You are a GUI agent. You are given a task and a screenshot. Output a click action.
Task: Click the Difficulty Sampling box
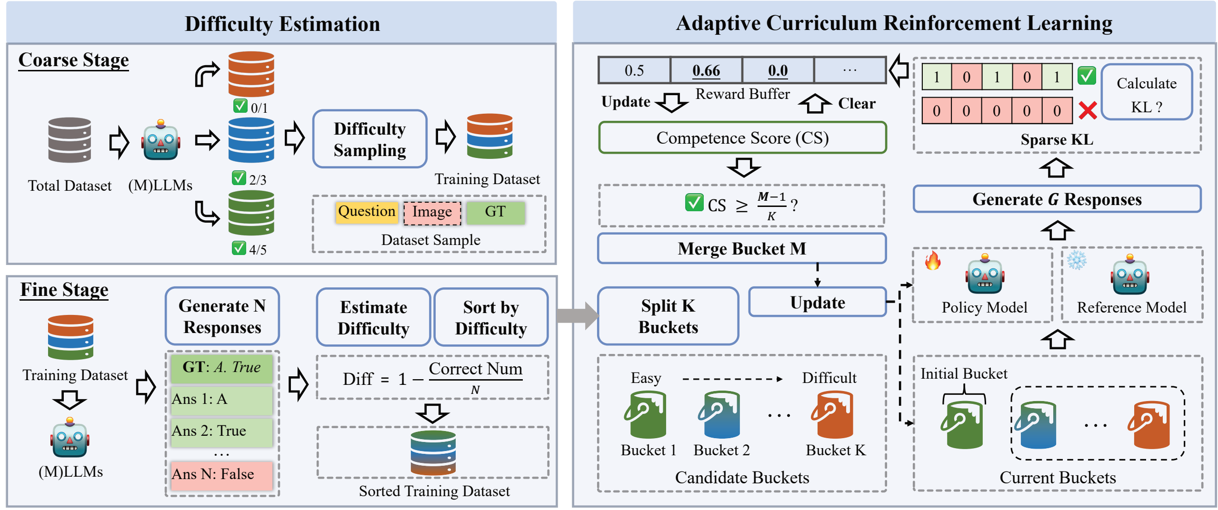pos(369,139)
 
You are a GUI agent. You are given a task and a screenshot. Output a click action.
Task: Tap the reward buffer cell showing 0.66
pos(706,70)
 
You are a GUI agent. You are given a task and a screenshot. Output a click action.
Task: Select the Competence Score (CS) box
pos(742,138)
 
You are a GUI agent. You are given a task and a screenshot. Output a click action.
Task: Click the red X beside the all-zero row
pos(1088,110)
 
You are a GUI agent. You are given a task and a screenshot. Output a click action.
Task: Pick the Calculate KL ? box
pos(1146,92)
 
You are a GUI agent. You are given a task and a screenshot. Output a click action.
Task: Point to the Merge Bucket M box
pos(741,248)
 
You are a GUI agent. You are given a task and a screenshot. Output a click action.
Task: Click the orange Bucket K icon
pos(833,415)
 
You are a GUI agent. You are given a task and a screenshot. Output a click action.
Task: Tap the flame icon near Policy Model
pos(932,261)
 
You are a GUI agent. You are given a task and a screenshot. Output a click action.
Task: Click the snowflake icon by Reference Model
pos(1076,260)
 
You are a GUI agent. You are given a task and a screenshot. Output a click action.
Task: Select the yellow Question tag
pos(366,211)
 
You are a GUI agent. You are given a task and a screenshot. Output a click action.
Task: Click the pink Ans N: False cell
pos(221,475)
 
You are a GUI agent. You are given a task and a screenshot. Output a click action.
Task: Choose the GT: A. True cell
pos(221,368)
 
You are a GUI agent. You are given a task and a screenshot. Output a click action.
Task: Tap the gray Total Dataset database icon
pos(70,140)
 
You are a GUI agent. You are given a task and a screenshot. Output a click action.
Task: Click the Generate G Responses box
pos(1057,199)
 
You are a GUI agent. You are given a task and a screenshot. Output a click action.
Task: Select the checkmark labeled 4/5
pos(239,248)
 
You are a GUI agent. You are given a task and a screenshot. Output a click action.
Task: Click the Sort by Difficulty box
pos(490,317)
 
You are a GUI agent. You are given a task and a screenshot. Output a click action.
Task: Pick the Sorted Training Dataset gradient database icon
pos(433,453)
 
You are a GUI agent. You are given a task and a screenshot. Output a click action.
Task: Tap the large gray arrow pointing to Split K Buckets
pos(577,315)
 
